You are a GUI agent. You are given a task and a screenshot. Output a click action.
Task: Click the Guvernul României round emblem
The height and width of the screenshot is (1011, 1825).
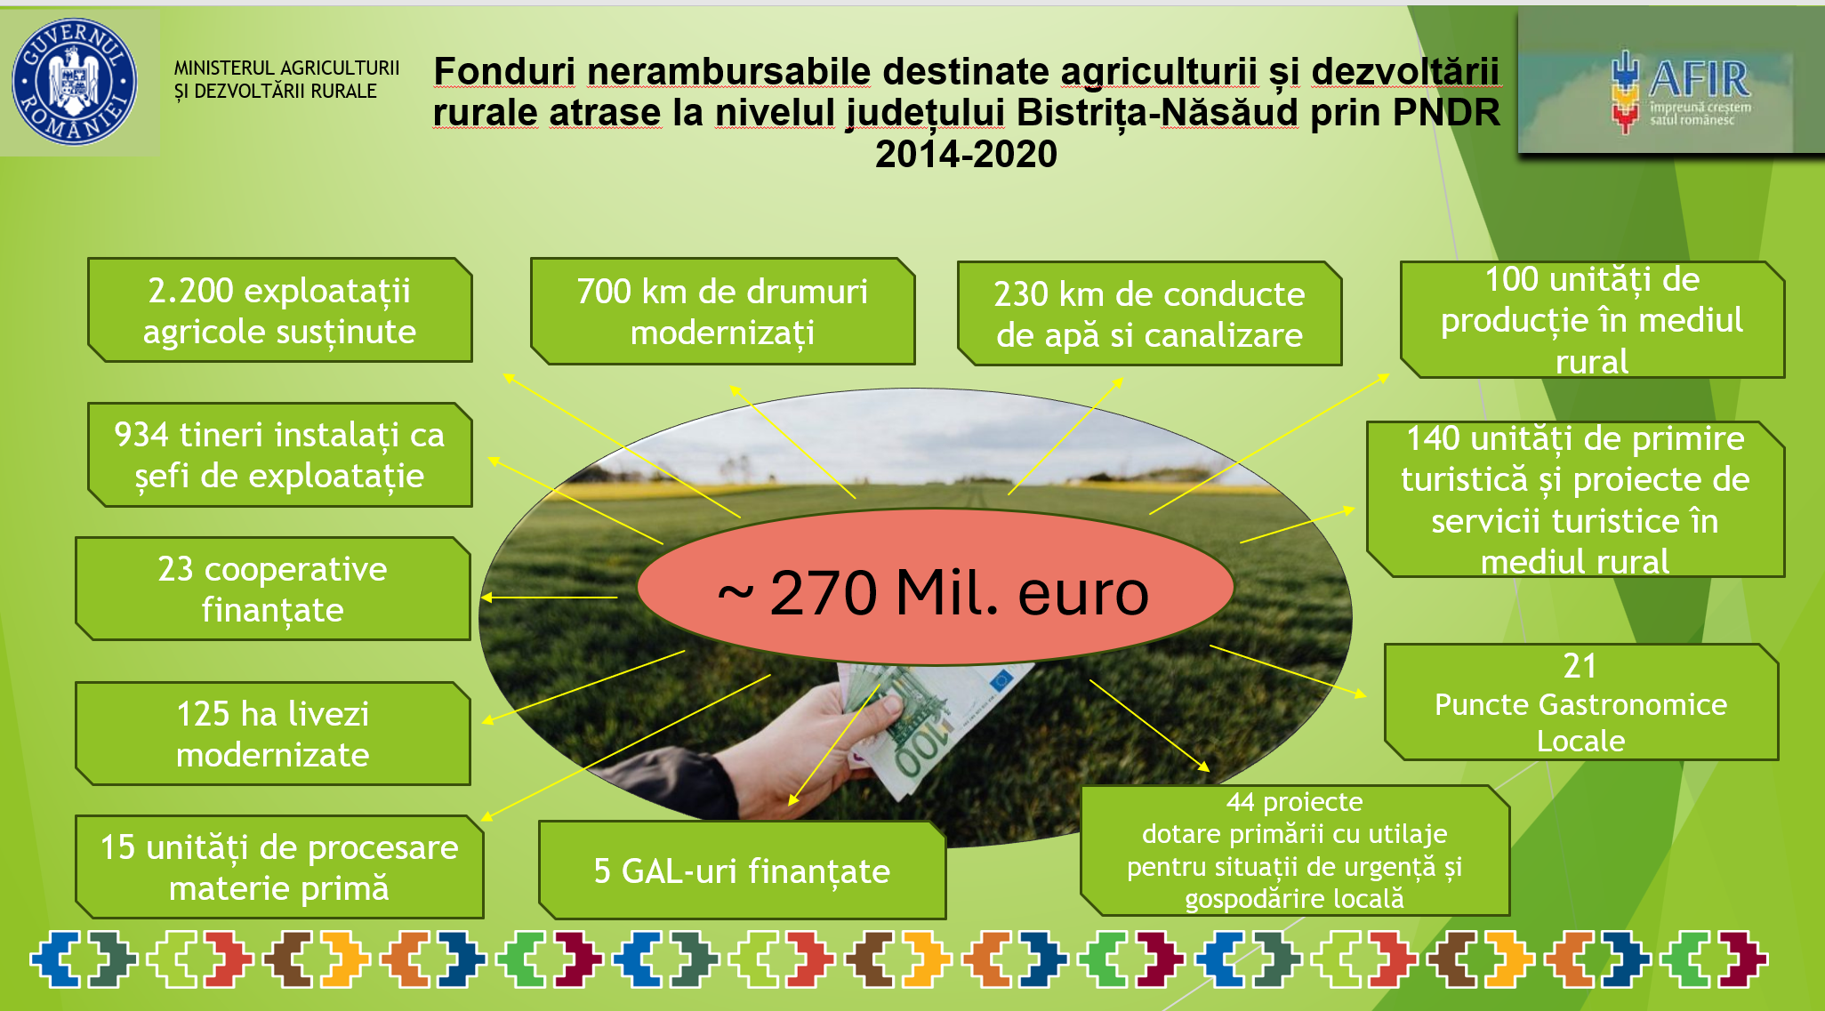click(75, 82)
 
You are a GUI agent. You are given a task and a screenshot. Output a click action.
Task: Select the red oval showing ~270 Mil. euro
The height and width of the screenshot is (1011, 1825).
click(936, 587)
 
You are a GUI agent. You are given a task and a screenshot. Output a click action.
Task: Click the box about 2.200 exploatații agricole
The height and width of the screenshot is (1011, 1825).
click(280, 310)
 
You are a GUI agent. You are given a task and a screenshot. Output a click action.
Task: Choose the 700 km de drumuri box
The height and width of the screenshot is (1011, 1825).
click(722, 311)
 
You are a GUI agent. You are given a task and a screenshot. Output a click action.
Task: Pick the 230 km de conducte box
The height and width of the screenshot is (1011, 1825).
click(1149, 314)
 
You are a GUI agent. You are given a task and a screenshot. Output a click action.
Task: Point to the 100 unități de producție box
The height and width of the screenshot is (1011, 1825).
click(1592, 319)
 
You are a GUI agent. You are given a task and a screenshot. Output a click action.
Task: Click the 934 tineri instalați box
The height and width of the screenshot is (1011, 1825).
click(280, 455)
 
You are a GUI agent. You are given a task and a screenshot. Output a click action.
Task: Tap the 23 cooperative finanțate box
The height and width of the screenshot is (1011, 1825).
click(273, 589)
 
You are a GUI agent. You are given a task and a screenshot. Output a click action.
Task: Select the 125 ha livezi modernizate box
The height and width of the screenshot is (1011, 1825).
click(273, 734)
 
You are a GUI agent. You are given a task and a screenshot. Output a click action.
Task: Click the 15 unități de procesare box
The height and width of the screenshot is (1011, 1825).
click(279, 867)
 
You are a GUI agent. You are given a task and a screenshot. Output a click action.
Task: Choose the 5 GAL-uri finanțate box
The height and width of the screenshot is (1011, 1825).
click(742, 870)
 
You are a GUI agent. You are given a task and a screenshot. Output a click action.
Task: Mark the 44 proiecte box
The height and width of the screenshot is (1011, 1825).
click(1295, 850)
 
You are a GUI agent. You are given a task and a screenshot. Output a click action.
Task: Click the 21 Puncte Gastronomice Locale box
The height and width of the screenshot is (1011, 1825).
click(1581, 702)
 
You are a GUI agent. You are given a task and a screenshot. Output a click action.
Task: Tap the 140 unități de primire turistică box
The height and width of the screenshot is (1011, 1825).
click(1575, 499)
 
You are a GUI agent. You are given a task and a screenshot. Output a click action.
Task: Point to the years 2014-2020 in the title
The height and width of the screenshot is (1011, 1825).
click(966, 154)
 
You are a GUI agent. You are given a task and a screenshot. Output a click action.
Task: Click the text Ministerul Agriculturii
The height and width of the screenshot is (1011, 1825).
click(286, 68)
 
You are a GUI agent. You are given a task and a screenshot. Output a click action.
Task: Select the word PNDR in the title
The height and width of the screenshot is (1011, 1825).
click(1446, 113)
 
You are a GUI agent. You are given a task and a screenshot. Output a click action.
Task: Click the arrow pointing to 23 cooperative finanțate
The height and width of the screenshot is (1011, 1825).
click(550, 598)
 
